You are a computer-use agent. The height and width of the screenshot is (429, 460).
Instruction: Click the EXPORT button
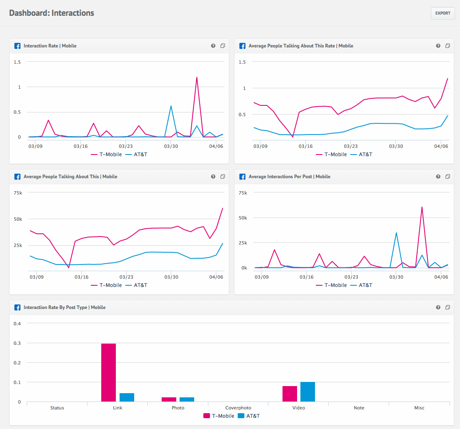442,13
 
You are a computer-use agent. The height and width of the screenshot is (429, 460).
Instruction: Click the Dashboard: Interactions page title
52,13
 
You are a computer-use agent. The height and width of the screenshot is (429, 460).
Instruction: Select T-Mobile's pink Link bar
108,373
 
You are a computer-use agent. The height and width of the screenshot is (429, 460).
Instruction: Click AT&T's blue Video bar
307,392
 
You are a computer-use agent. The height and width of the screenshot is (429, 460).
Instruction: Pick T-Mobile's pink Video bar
290,394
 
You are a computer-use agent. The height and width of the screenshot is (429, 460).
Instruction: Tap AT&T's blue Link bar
127,397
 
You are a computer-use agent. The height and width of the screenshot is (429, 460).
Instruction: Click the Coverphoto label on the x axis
238,408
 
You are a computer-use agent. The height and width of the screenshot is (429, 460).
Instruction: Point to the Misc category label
419,408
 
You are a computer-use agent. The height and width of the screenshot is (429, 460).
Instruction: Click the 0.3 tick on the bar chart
17,343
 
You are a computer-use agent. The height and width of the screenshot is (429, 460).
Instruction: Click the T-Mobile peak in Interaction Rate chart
196,77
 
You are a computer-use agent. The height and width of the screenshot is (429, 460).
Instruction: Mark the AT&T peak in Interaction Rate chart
171,106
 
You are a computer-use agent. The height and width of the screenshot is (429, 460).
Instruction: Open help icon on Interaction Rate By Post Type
438,307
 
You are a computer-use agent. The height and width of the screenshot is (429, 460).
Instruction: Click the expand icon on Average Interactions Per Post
447,177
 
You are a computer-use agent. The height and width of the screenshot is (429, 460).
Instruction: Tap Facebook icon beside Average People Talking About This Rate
242,46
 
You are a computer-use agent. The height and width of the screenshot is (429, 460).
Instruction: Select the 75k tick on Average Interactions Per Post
242,193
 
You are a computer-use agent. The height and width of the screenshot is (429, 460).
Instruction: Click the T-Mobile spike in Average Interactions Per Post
422,207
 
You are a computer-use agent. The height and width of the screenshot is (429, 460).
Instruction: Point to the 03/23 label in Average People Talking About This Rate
350,146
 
